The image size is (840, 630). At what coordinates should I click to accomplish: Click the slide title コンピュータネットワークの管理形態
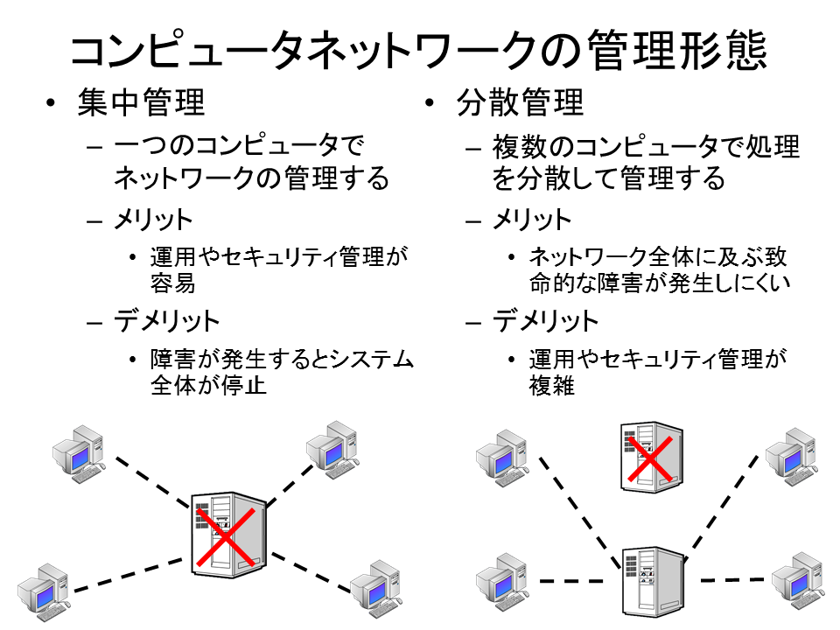coord(419,50)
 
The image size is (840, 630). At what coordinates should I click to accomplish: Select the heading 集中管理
coord(142,102)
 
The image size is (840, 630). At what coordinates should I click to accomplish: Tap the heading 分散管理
coord(520,102)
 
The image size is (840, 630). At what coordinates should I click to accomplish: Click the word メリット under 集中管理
coord(153,220)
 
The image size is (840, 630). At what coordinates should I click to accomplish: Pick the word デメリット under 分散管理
coord(545,321)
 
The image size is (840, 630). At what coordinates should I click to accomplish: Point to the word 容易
coord(172,283)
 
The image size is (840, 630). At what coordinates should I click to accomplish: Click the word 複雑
coord(552,385)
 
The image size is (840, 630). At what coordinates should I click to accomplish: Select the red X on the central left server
coord(226,537)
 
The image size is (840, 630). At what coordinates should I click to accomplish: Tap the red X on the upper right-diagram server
coord(650,458)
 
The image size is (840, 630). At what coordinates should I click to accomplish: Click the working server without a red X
coord(654,582)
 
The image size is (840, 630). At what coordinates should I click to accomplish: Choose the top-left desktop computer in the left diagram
coord(79,454)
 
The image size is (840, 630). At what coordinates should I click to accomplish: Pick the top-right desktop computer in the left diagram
coord(332,450)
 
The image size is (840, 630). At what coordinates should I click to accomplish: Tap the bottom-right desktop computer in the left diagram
coord(376,589)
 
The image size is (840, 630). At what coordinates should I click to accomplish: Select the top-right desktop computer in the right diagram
coord(792,457)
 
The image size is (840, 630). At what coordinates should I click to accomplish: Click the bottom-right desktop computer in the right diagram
coord(798,581)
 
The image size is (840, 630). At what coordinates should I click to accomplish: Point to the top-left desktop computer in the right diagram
coord(503,458)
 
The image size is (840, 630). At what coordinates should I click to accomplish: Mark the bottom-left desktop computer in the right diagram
coord(503,583)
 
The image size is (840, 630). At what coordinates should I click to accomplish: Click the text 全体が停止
coord(208,385)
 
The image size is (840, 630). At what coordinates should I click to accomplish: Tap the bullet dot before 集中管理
coord(51,103)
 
